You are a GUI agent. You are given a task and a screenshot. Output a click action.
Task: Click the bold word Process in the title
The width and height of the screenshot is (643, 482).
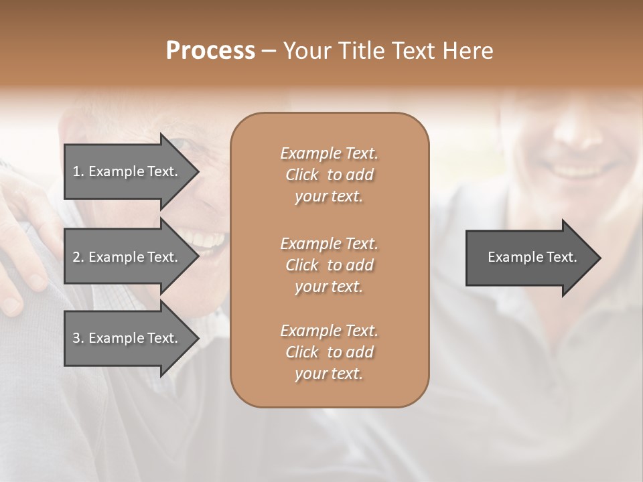[210, 51]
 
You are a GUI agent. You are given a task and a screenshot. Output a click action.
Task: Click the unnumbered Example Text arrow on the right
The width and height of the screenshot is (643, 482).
[529, 257]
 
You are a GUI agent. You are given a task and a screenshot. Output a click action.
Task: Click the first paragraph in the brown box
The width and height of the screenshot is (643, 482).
[329, 175]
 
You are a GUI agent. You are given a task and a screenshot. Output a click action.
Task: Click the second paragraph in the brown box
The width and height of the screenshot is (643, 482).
[329, 265]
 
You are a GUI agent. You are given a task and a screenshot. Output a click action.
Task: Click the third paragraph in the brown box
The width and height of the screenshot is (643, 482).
[329, 352]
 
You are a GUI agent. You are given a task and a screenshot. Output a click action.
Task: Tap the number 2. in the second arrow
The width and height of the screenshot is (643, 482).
[78, 257]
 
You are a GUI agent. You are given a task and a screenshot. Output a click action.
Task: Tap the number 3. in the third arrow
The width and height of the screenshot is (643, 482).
[78, 338]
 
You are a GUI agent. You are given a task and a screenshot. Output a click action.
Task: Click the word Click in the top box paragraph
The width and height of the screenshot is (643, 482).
[302, 175]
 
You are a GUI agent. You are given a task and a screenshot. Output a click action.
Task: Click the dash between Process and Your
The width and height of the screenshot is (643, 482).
[269, 51]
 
